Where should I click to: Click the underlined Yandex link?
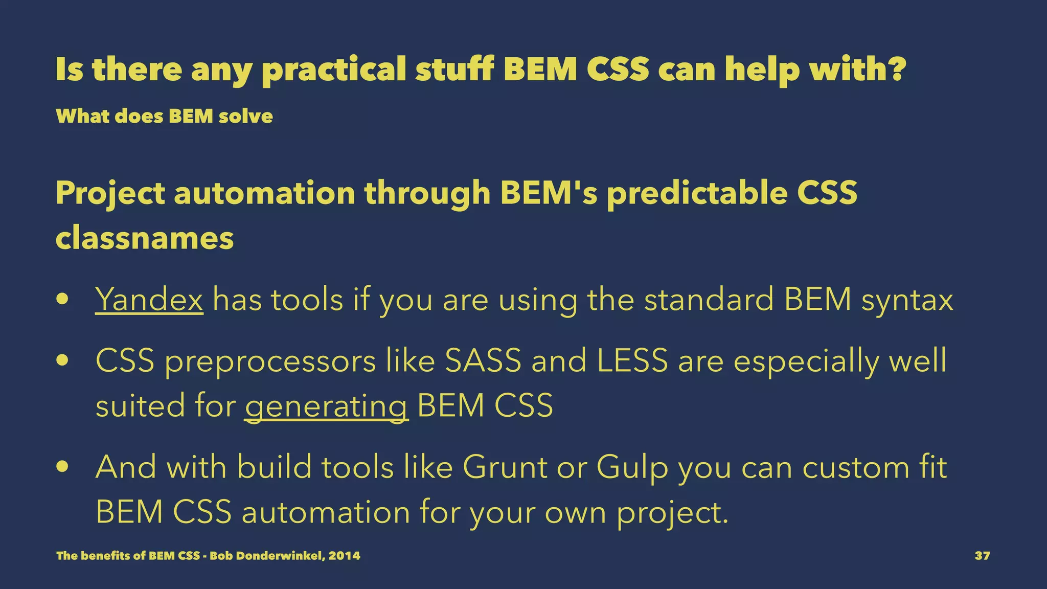(x=149, y=300)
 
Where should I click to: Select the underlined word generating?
(x=326, y=406)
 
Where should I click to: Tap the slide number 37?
(x=982, y=556)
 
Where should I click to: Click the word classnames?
(x=145, y=238)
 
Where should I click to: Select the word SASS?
(x=483, y=360)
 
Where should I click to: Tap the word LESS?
(x=632, y=360)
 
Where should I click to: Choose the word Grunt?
(x=505, y=467)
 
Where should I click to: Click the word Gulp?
(x=632, y=468)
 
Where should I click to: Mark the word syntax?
(x=907, y=301)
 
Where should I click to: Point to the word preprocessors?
(x=270, y=361)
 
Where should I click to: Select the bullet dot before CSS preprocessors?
(x=63, y=360)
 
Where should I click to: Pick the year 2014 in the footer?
(x=344, y=556)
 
